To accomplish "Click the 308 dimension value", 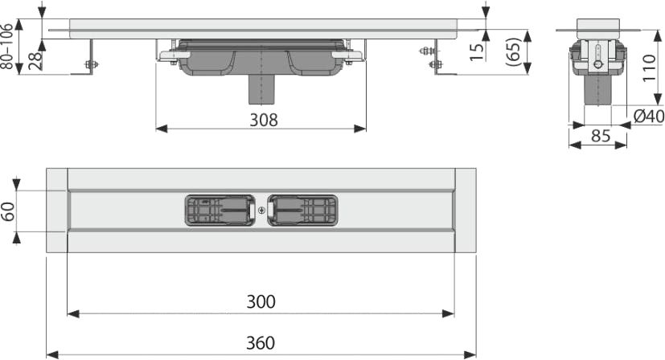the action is (264, 120).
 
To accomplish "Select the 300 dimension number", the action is (261, 301).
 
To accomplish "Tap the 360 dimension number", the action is (261, 342).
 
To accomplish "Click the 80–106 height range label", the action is (6, 47).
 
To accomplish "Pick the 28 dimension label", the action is (35, 61).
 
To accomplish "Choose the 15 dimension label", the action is (477, 51).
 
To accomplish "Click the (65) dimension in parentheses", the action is (513, 51).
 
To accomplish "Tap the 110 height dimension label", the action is (648, 68).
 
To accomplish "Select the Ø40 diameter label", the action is (648, 117).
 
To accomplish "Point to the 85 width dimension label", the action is (601, 136).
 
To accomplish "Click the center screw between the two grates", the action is (261, 210).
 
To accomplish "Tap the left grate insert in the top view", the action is (220, 210).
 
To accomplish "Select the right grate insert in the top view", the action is (303, 210).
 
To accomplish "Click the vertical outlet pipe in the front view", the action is (261, 89).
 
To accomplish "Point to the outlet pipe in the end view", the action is (597, 90).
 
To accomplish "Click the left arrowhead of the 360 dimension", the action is (51, 354).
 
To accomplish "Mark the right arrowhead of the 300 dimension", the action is (448, 313).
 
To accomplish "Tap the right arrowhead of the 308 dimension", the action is (360, 129).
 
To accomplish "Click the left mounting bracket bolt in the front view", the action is (91, 64).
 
